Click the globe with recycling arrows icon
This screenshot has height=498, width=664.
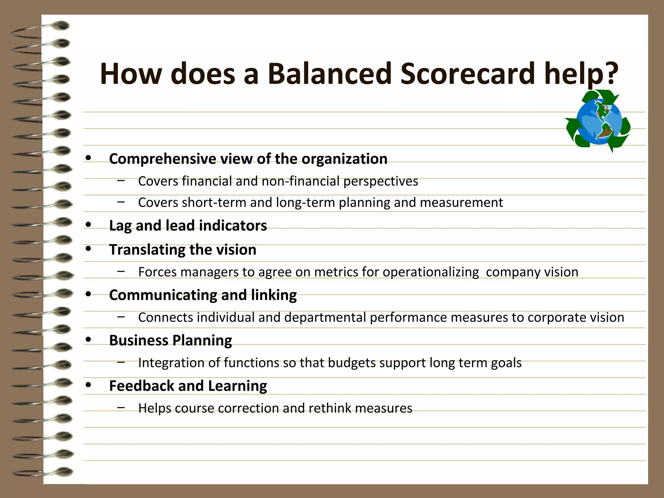[598, 121]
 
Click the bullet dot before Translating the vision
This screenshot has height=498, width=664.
[88, 249]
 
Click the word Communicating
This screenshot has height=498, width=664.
[163, 295]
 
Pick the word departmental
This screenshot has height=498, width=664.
[325, 317]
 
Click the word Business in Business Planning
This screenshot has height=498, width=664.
[139, 340]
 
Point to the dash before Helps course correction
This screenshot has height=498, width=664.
[121, 407]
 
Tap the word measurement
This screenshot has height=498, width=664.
[461, 203]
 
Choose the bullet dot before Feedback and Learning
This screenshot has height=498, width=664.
[88, 385]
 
